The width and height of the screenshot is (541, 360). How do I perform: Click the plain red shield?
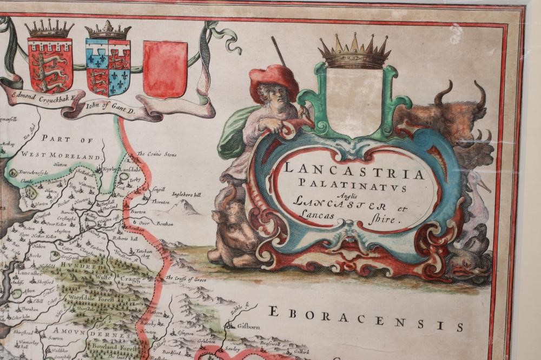[165, 61]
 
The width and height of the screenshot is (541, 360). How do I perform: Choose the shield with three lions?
[50, 64]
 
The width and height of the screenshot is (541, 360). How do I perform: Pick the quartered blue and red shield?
[108, 65]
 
